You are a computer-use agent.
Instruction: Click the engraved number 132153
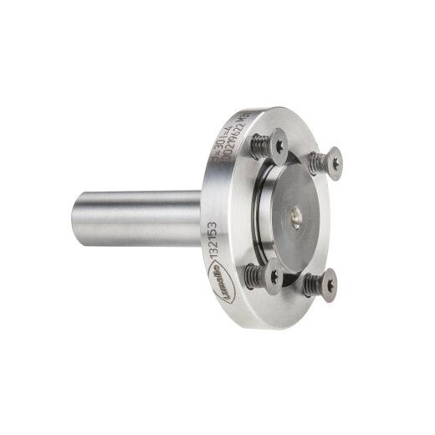(x=213, y=238)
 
